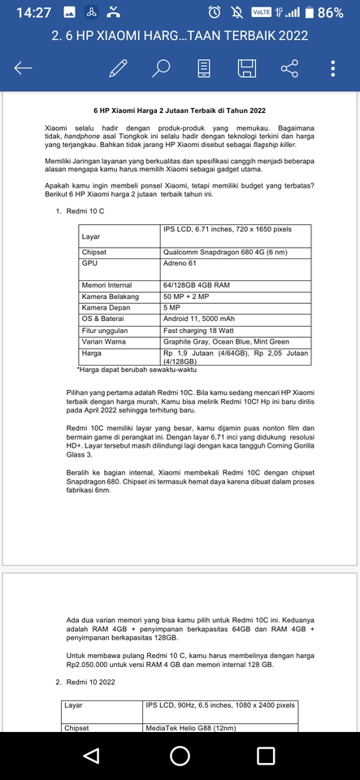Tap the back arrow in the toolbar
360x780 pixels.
tap(24, 68)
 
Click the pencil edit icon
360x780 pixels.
tap(119, 68)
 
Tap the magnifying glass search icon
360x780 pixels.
tap(162, 68)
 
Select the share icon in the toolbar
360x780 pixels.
tap(289, 68)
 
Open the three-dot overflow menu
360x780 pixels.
tap(333, 68)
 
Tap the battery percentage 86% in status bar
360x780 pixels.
tap(330, 13)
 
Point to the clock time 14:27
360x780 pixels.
tap(33, 13)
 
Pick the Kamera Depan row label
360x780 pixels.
tap(106, 308)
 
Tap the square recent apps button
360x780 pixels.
tap(266, 756)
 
